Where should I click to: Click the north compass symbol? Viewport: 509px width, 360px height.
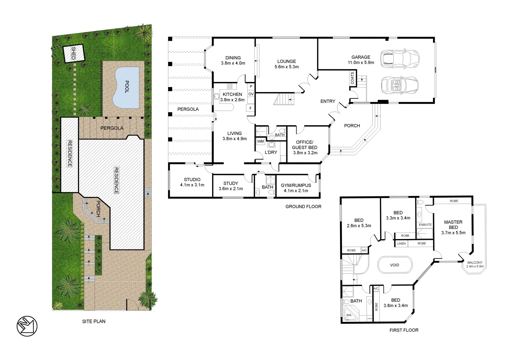27,326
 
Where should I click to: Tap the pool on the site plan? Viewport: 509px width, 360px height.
126,88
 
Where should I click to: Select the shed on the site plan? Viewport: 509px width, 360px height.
74,53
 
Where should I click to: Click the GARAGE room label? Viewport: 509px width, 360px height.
361,57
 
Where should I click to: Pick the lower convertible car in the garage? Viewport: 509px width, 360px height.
399,85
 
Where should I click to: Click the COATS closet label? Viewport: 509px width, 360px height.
353,78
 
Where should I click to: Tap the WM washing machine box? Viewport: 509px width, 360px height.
260,141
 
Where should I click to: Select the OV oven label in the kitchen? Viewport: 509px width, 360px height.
251,94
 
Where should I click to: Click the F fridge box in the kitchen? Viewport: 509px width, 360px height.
250,108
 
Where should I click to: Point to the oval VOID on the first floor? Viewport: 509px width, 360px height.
394,265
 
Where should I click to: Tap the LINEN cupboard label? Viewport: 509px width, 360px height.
401,243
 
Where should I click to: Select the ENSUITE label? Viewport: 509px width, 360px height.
425,225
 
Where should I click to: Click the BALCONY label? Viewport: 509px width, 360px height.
475,263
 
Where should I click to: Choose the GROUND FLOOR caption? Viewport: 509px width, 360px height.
303,207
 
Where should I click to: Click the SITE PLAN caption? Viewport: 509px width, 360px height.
94,321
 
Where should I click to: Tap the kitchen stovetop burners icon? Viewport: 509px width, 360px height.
230,86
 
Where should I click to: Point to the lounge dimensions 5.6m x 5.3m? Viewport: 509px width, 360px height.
286,67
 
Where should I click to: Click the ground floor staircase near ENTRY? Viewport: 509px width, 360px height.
284,99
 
